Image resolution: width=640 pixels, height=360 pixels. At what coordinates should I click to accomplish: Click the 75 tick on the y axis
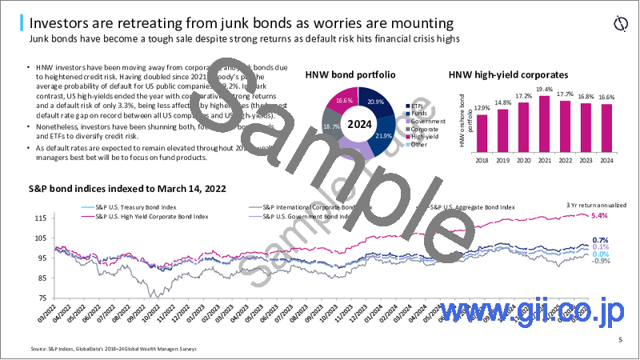[x=38, y=298]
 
